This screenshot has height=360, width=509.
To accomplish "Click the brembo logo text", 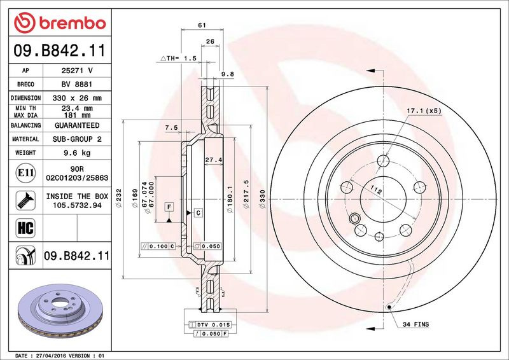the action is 73,24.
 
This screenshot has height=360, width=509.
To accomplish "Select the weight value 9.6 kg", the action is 77,153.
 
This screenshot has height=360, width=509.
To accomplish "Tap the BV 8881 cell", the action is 77,84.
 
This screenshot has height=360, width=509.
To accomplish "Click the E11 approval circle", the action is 25,173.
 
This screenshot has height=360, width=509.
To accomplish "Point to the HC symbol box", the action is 25,228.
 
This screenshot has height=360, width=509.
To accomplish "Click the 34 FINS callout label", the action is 415,324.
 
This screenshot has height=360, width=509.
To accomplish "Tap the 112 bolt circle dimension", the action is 376,190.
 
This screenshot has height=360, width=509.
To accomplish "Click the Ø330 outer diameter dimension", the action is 262,198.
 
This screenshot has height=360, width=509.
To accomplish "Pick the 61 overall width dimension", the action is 202,25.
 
